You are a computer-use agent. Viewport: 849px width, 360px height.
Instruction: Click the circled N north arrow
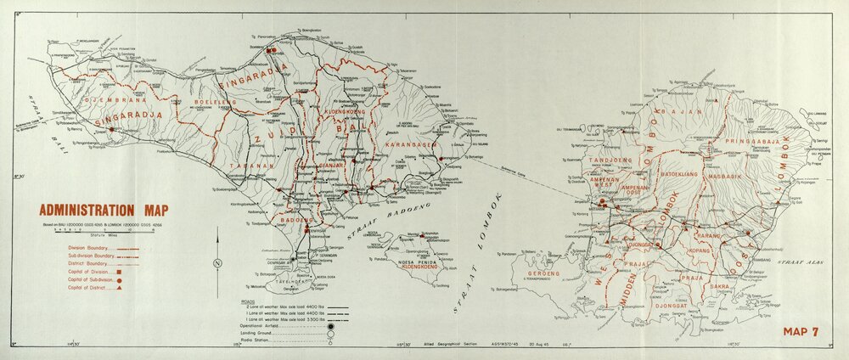218,262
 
